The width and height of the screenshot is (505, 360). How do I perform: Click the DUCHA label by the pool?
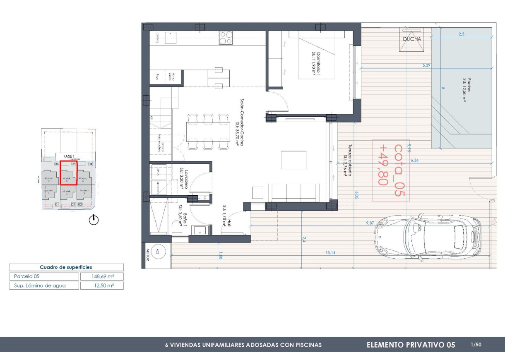click(412, 39)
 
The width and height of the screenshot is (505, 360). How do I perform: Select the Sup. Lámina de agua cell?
click(44, 285)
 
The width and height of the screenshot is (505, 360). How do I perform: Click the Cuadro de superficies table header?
click(66, 267)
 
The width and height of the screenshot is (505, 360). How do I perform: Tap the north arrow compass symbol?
click(94, 220)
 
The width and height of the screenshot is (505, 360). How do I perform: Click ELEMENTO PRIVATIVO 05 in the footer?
click(411, 345)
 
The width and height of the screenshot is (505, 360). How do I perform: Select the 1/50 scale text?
click(476, 344)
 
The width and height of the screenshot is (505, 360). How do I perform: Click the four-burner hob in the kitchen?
click(226, 38)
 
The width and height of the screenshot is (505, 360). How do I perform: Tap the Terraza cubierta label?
click(347, 161)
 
